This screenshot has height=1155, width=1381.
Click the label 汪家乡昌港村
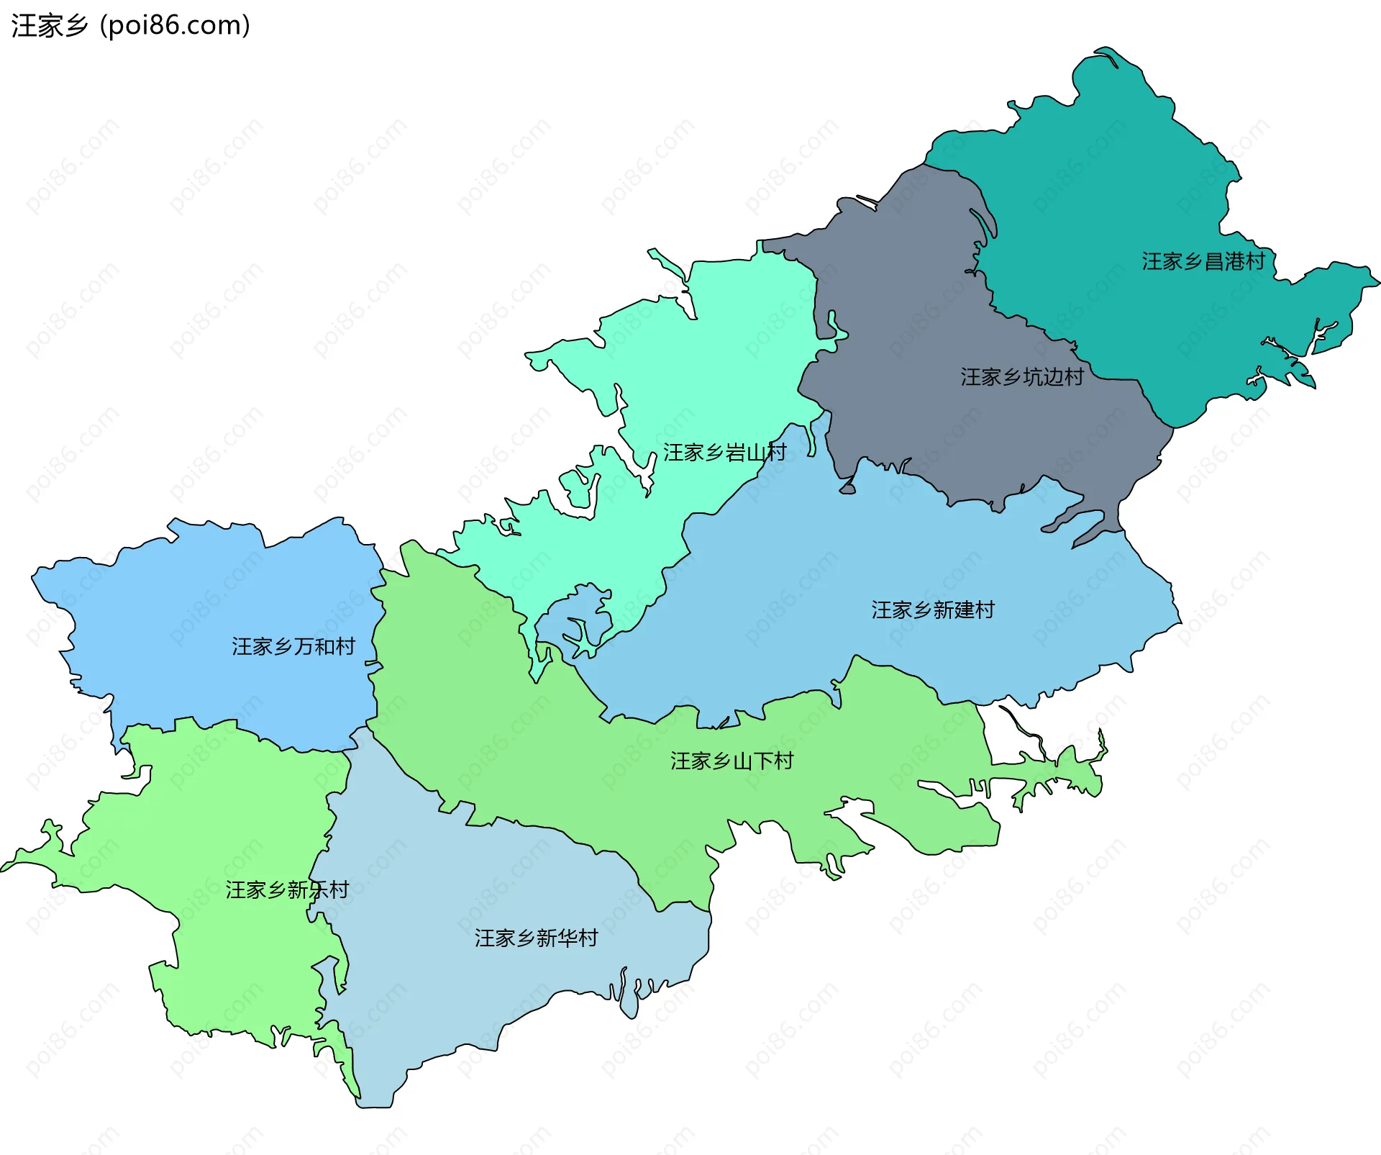pyautogui.click(x=1203, y=261)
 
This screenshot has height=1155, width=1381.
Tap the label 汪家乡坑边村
pyautogui.click(x=1021, y=376)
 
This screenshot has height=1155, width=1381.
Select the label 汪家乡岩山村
pyautogui.click(x=724, y=452)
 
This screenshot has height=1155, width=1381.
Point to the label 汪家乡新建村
pyautogui.click(x=932, y=610)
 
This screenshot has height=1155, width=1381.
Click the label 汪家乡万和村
pyautogui.click(x=293, y=646)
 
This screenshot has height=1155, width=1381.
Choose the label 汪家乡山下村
pyautogui.click(x=731, y=761)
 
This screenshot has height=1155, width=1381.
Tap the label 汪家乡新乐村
pyautogui.click(x=287, y=890)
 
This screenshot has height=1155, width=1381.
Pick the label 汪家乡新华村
pyautogui.click(x=536, y=938)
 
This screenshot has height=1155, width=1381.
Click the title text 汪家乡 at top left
pyautogui.click(x=49, y=26)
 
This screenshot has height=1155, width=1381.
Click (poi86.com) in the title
pyautogui.click(x=176, y=26)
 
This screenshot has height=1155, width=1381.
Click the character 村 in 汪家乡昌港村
pyautogui.click(x=1255, y=261)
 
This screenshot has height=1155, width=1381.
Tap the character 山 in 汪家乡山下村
pyautogui.click(x=742, y=761)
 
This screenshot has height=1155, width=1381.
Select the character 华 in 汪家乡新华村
pyautogui.click(x=567, y=938)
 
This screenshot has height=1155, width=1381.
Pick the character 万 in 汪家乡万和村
pyautogui.click(x=303, y=646)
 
